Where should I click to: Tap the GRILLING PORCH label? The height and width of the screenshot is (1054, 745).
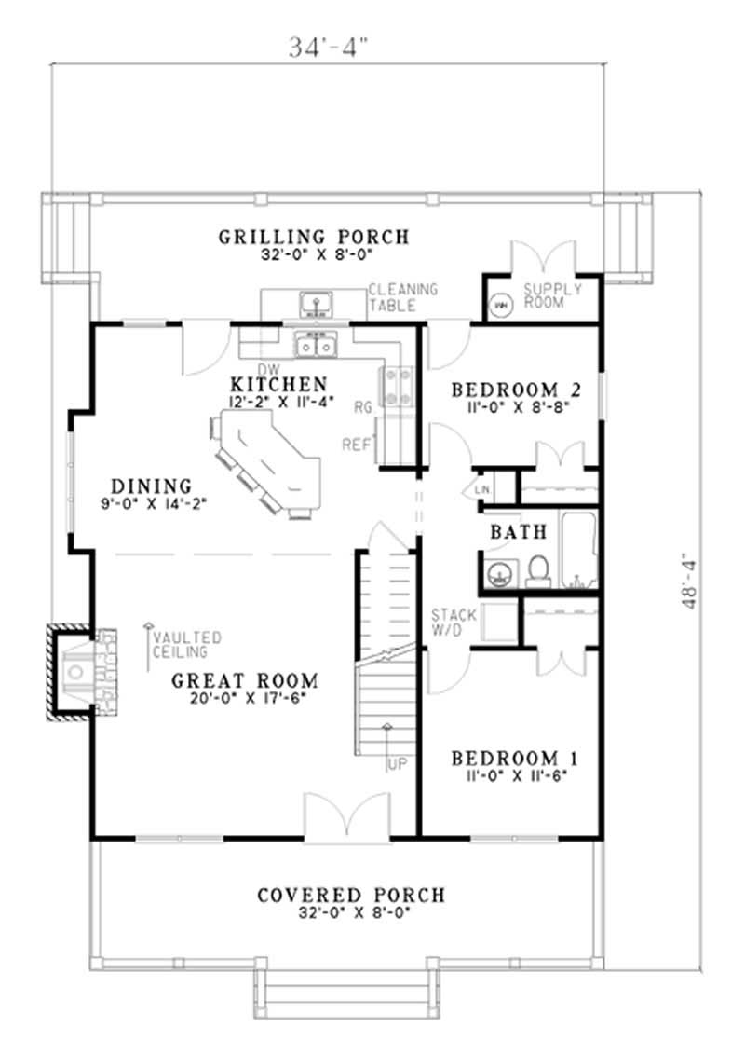pyautogui.click(x=314, y=237)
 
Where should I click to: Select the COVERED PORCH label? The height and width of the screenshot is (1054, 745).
pyautogui.click(x=350, y=896)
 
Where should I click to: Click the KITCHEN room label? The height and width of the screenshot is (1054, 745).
pyautogui.click(x=278, y=384)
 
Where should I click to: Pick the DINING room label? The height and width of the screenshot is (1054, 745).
pyautogui.click(x=151, y=486)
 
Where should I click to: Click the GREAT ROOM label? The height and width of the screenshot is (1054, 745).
pyautogui.click(x=245, y=680)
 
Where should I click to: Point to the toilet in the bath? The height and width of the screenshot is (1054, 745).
pyautogui.click(x=537, y=569)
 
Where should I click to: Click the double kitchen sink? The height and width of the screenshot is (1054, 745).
pyautogui.click(x=315, y=345)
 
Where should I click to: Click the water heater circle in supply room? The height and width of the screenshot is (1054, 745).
pyautogui.click(x=500, y=304)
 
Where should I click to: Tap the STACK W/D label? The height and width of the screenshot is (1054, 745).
pyautogui.click(x=454, y=622)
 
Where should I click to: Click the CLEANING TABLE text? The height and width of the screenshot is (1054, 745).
pyautogui.click(x=402, y=296)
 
